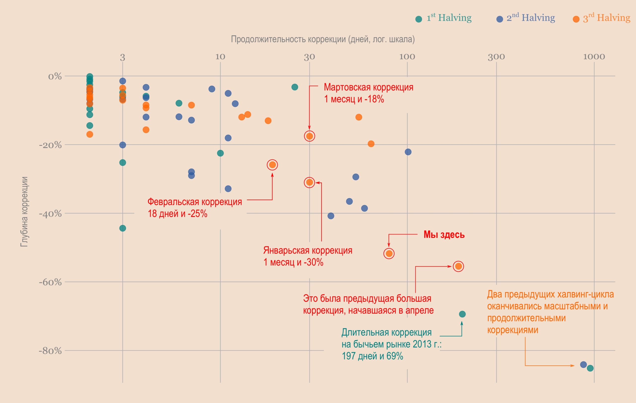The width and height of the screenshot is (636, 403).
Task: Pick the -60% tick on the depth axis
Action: click(x=50, y=282)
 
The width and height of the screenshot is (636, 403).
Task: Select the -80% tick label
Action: click(x=50, y=351)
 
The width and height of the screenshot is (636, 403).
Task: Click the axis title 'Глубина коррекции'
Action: click(x=24, y=211)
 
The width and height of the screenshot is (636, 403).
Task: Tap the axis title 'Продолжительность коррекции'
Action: click(x=322, y=39)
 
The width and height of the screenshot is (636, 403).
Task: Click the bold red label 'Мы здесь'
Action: click(x=444, y=235)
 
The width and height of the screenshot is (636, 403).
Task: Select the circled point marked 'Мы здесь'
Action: click(x=389, y=253)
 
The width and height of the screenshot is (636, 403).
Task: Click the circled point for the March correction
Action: click(x=309, y=136)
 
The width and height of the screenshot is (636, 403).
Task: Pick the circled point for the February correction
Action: click(x=272, y=165)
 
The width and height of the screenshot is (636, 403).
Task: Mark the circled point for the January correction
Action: click(x=309, y=182)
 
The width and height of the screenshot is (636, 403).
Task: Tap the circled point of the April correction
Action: click(x=459, y=266)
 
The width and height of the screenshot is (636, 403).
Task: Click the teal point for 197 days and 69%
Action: click(x=462, y=314)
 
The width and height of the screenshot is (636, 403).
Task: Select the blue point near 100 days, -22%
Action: click(x=408, y=152)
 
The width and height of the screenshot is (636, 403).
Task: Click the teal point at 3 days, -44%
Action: click(x=122, y=228)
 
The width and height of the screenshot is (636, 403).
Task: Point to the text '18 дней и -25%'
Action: click(x=177, y=213)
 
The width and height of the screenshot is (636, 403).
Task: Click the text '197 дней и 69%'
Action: click(x=372, y=356)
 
